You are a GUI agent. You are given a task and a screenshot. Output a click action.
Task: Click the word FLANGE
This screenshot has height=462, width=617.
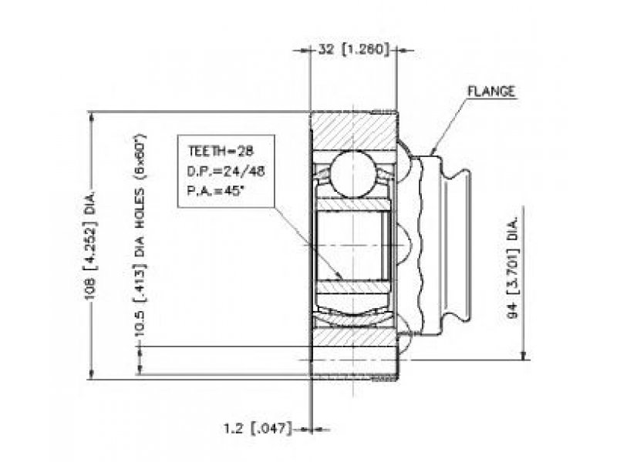click(x=491, y=91)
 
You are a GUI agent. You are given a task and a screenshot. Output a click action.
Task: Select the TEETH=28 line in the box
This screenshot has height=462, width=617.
click(x=221, y=151)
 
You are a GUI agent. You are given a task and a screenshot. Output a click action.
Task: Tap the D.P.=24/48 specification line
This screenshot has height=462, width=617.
click(x=226, y=171)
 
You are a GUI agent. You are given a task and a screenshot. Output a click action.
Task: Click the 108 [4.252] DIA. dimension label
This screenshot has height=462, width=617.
click(x=91, y=246)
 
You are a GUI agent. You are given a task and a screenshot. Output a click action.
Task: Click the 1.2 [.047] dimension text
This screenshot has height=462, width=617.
click(x=258, y=428)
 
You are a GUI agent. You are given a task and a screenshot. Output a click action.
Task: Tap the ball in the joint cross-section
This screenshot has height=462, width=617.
click(x=352, y=174)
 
